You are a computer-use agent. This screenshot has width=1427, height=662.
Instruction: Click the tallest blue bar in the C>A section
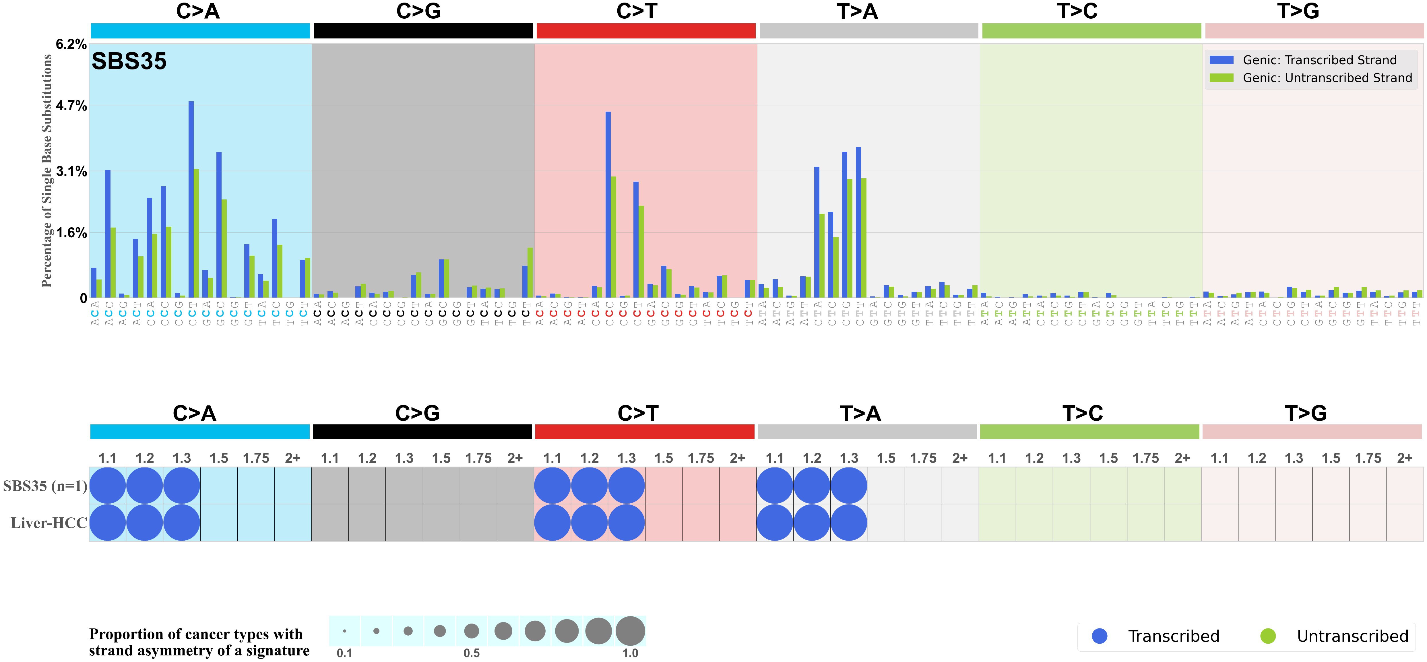click(191, 199)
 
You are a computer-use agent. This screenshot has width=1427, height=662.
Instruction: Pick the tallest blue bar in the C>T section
click(608, 205)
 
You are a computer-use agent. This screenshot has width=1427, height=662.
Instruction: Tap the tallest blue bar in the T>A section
click(858, 222)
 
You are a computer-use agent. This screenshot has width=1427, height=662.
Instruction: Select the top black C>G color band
click(423, 31)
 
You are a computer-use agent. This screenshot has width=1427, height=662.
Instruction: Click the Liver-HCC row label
click(49, 523)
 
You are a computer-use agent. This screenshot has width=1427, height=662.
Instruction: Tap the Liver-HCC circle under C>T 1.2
click(590, 523)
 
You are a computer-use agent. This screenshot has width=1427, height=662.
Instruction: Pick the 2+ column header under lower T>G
click(1405, 458)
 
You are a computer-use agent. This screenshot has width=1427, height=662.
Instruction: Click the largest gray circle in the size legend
click(630, 631)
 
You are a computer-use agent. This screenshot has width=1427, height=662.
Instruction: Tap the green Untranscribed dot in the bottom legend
click(1268, 636)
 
